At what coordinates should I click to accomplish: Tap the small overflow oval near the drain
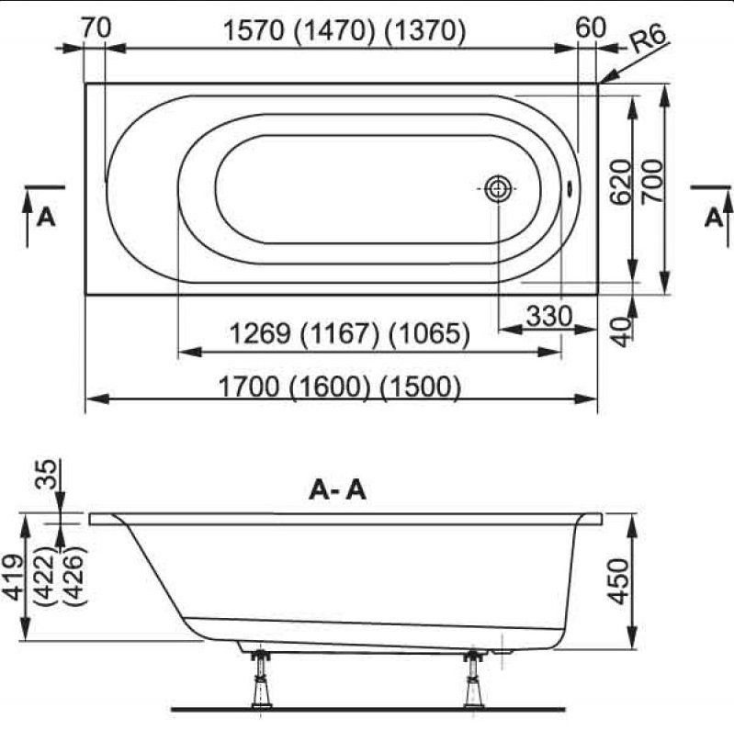point(570,188)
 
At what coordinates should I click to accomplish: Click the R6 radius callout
point(648,39)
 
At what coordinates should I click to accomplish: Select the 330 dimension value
point(549,316)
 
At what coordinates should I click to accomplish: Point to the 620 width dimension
point(621,182)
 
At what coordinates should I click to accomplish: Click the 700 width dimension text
point(652,182)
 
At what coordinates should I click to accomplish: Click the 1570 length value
point(254,31)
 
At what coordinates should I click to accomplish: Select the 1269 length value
point(260,333)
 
